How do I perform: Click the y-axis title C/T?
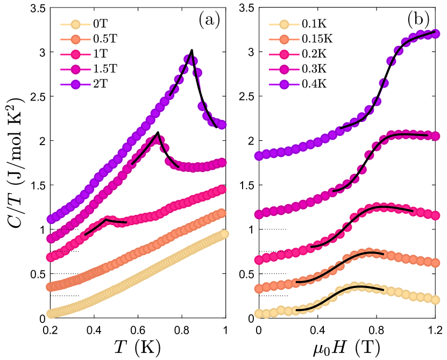pos(15,161)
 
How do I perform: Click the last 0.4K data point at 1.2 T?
pos(435,33)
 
